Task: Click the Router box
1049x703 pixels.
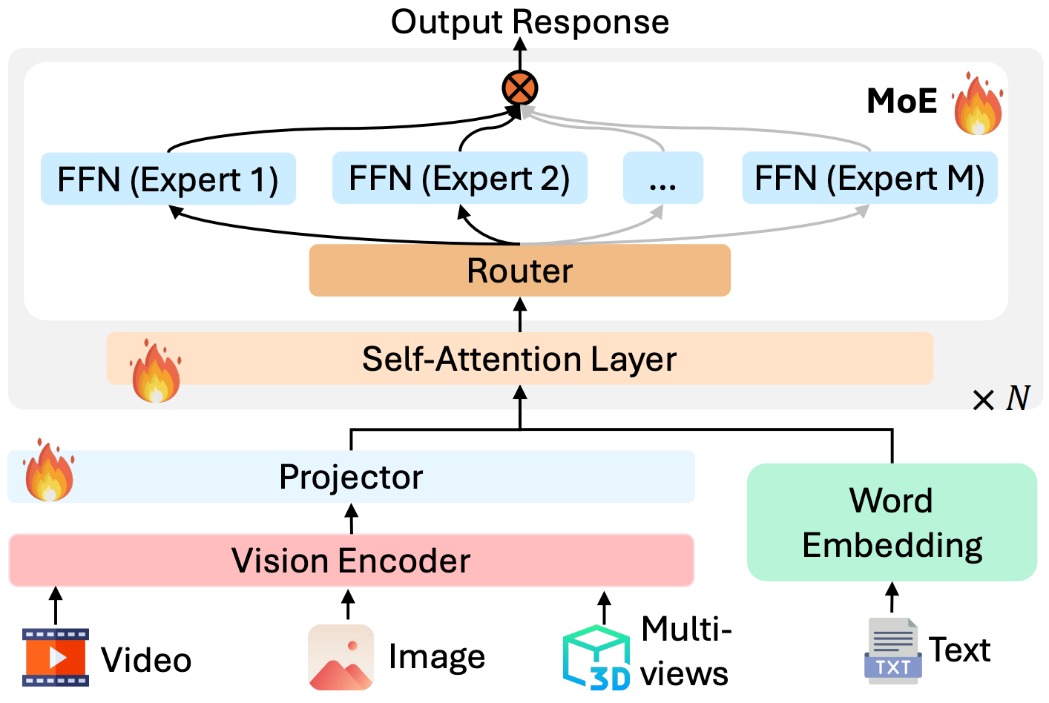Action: [519, 271]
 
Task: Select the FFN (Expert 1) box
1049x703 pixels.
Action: [168, 179]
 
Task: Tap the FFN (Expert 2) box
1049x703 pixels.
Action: [459, 178]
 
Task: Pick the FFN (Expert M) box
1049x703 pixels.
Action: [869, 178]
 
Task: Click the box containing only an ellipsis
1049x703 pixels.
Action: [662, 178]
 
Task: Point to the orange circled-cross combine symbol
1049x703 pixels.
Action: [519, 88]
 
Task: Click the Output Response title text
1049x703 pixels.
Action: [530, 22]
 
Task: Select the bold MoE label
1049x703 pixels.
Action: [902, 101]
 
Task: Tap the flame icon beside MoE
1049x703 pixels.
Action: [978, 104]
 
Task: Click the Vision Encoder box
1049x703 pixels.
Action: [351, 561]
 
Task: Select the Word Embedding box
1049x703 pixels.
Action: [892, 522]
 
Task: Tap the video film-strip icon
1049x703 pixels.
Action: [56, 657]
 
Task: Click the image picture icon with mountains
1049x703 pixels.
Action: [341, 657]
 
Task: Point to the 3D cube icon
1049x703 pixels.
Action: [596, 658]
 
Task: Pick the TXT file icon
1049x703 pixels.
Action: [892, 651]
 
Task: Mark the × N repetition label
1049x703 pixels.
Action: [1002, 399]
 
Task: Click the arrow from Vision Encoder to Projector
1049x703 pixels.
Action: [352, 518]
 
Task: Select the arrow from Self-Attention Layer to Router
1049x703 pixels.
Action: [520, 314]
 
